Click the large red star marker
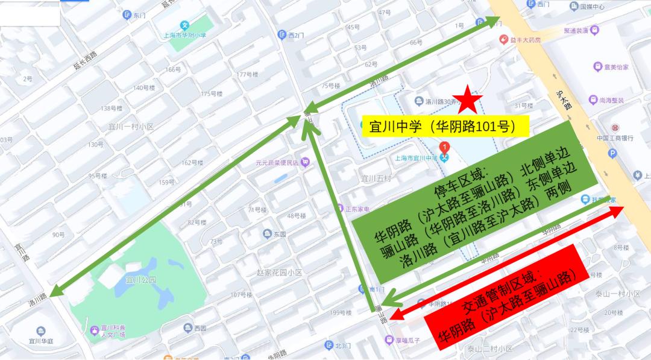pos(468,99)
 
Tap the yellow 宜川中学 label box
pos(443,126)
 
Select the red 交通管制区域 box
pos(506,295)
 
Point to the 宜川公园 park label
pos(140,280)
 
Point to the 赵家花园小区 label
pos(278,273)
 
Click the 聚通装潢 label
pos(576,30)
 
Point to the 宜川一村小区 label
pos(131,127)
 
